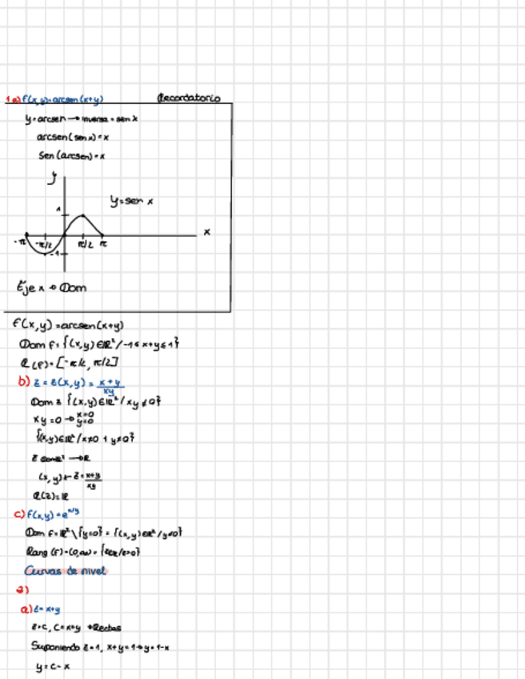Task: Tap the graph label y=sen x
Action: [x=132, y=202]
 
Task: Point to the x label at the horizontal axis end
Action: [x=206, y=232]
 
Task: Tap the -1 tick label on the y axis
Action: [x=53, y=254]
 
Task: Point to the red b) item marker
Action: [x=23, y=381]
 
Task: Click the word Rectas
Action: [x=107, y=627]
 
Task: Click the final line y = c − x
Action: [x=53, y=665]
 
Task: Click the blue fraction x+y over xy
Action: [x=118, y=385]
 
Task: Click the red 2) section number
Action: [x=22, y=590]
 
